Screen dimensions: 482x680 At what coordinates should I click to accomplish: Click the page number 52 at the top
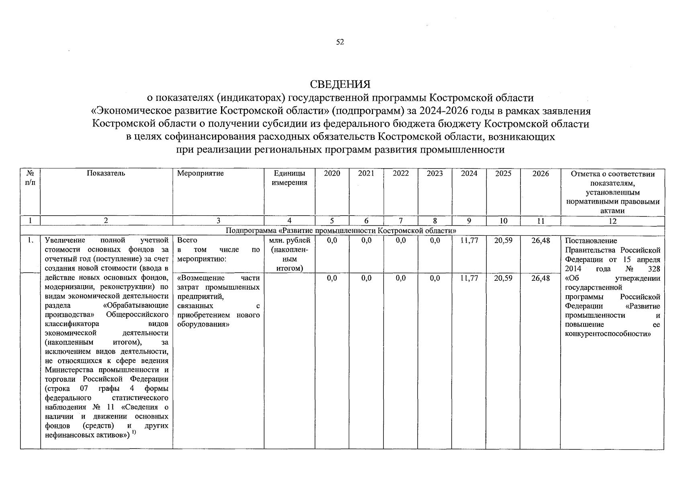(340, 42)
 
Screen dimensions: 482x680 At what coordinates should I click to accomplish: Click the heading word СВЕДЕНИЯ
(340, 84)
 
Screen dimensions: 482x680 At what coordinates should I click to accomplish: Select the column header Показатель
(106, 174)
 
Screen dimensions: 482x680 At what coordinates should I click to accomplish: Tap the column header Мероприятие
(200, 174)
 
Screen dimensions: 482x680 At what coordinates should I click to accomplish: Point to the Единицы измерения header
(289, 178)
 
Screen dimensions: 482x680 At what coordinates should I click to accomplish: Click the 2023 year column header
(434, 174)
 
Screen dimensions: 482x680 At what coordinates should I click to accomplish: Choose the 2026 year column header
(540, 174)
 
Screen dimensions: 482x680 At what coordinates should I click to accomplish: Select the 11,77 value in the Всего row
(469, 241)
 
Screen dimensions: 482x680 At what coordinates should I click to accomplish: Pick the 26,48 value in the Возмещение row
(540, 278)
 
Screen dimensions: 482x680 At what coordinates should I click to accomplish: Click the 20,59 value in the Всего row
(503, 241)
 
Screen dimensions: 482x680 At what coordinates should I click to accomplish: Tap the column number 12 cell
(612, 221)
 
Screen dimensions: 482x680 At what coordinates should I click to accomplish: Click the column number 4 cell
(289, 221)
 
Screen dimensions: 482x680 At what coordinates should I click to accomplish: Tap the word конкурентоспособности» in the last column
(608, 334)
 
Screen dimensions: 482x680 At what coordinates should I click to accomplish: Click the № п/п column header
(30, 178)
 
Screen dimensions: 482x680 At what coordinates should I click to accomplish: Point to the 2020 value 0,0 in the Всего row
(332, 241)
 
